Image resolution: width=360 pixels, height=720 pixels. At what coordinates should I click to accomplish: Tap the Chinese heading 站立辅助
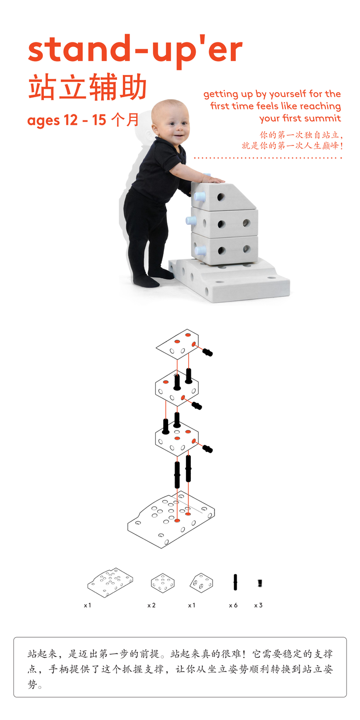coord(87,87)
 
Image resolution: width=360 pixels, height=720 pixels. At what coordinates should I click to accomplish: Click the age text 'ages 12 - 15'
coord(67,120)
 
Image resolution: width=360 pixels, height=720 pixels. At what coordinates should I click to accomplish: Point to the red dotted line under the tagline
coord(268,158)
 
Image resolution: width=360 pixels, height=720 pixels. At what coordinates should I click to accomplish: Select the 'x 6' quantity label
coord(233,605)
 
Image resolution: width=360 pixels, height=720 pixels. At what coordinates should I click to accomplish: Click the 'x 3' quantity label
coord(258,605)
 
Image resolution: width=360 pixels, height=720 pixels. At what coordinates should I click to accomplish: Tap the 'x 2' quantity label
coord(151,605)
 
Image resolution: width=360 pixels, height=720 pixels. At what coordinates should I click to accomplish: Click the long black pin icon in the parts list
coord(235,582)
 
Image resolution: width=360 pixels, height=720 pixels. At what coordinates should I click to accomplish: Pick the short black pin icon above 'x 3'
coord(260,583)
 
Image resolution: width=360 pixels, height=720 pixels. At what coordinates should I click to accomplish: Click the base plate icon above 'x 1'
coord(110,582)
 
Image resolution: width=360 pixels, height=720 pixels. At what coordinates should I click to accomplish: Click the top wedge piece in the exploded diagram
coord(178,344)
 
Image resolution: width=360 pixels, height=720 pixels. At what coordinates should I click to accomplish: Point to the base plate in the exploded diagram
coord(171,519)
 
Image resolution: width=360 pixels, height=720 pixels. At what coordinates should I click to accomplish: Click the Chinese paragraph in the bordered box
coord(180,669)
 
